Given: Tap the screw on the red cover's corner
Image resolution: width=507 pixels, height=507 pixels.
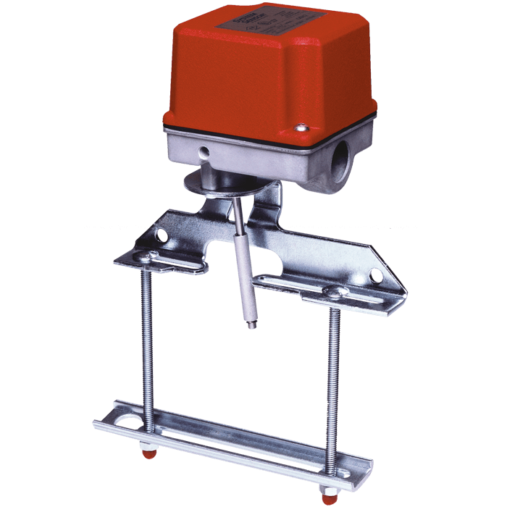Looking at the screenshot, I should coord(299,129).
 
